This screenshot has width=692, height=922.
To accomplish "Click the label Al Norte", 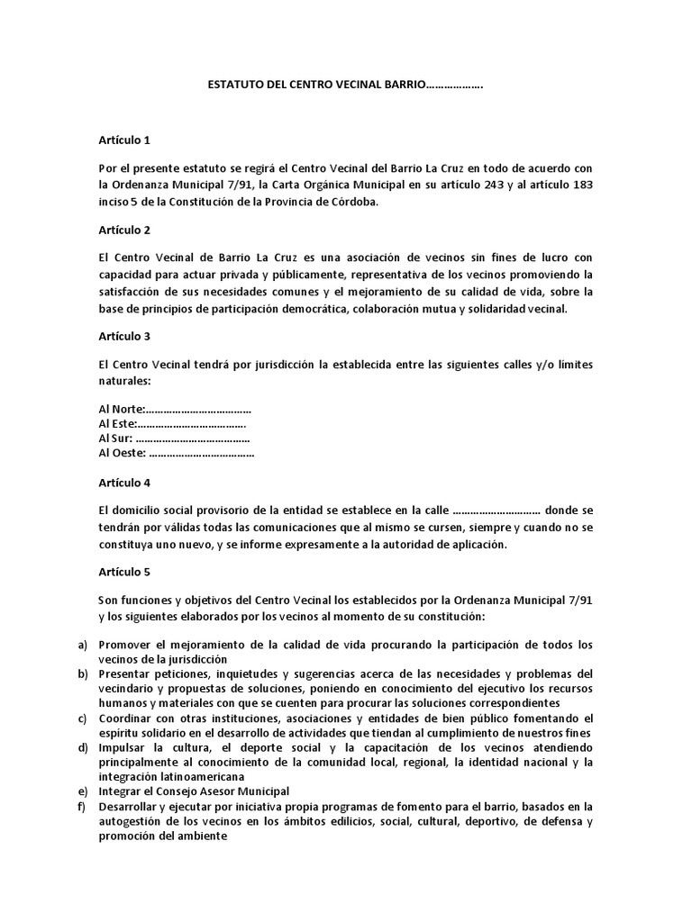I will pos(121,410).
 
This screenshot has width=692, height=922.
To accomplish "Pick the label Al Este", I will pos(117,424).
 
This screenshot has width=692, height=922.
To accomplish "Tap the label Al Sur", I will pos(115,438).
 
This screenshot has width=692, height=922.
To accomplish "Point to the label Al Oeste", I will pos(122,453).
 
